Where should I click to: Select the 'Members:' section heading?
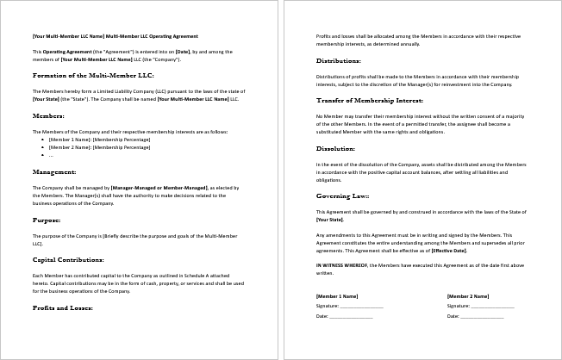point(48,115)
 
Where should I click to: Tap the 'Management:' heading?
point(54,172)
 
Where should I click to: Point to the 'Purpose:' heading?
point(47,220)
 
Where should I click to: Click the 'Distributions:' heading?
point(339,61)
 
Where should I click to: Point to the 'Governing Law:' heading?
point(343,196)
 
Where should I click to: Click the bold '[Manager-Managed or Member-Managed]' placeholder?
point(159,187)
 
